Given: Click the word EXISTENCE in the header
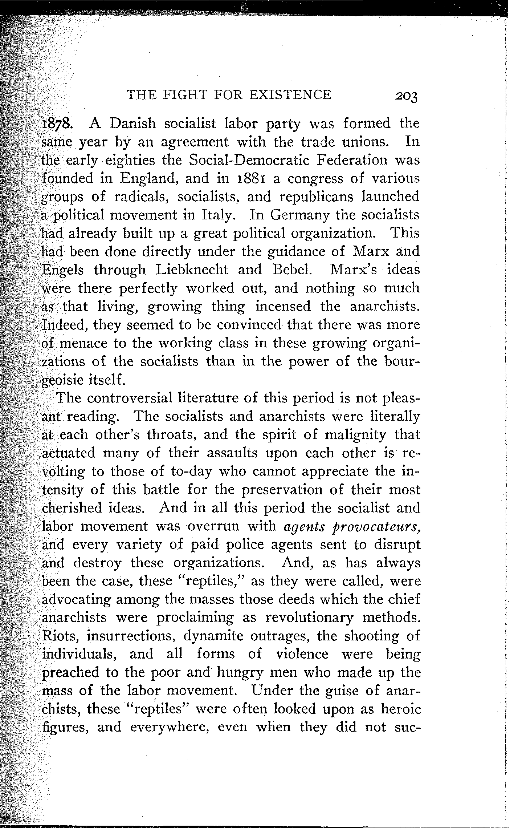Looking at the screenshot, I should click(290, 95).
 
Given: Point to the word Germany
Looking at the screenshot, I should click(299, 215).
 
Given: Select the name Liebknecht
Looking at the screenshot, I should click(192, 270).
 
